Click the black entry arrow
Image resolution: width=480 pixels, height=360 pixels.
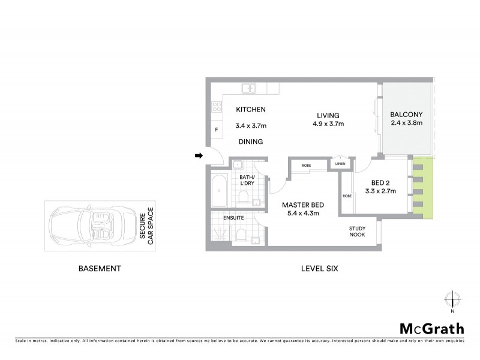199,156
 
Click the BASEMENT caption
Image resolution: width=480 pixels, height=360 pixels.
100,269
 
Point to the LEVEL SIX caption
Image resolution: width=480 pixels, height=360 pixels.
319,269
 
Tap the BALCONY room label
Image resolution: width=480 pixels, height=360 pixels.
406,115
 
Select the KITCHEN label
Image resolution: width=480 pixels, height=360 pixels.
250,110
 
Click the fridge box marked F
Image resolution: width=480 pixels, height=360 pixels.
216,130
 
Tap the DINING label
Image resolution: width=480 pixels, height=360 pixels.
250,142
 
